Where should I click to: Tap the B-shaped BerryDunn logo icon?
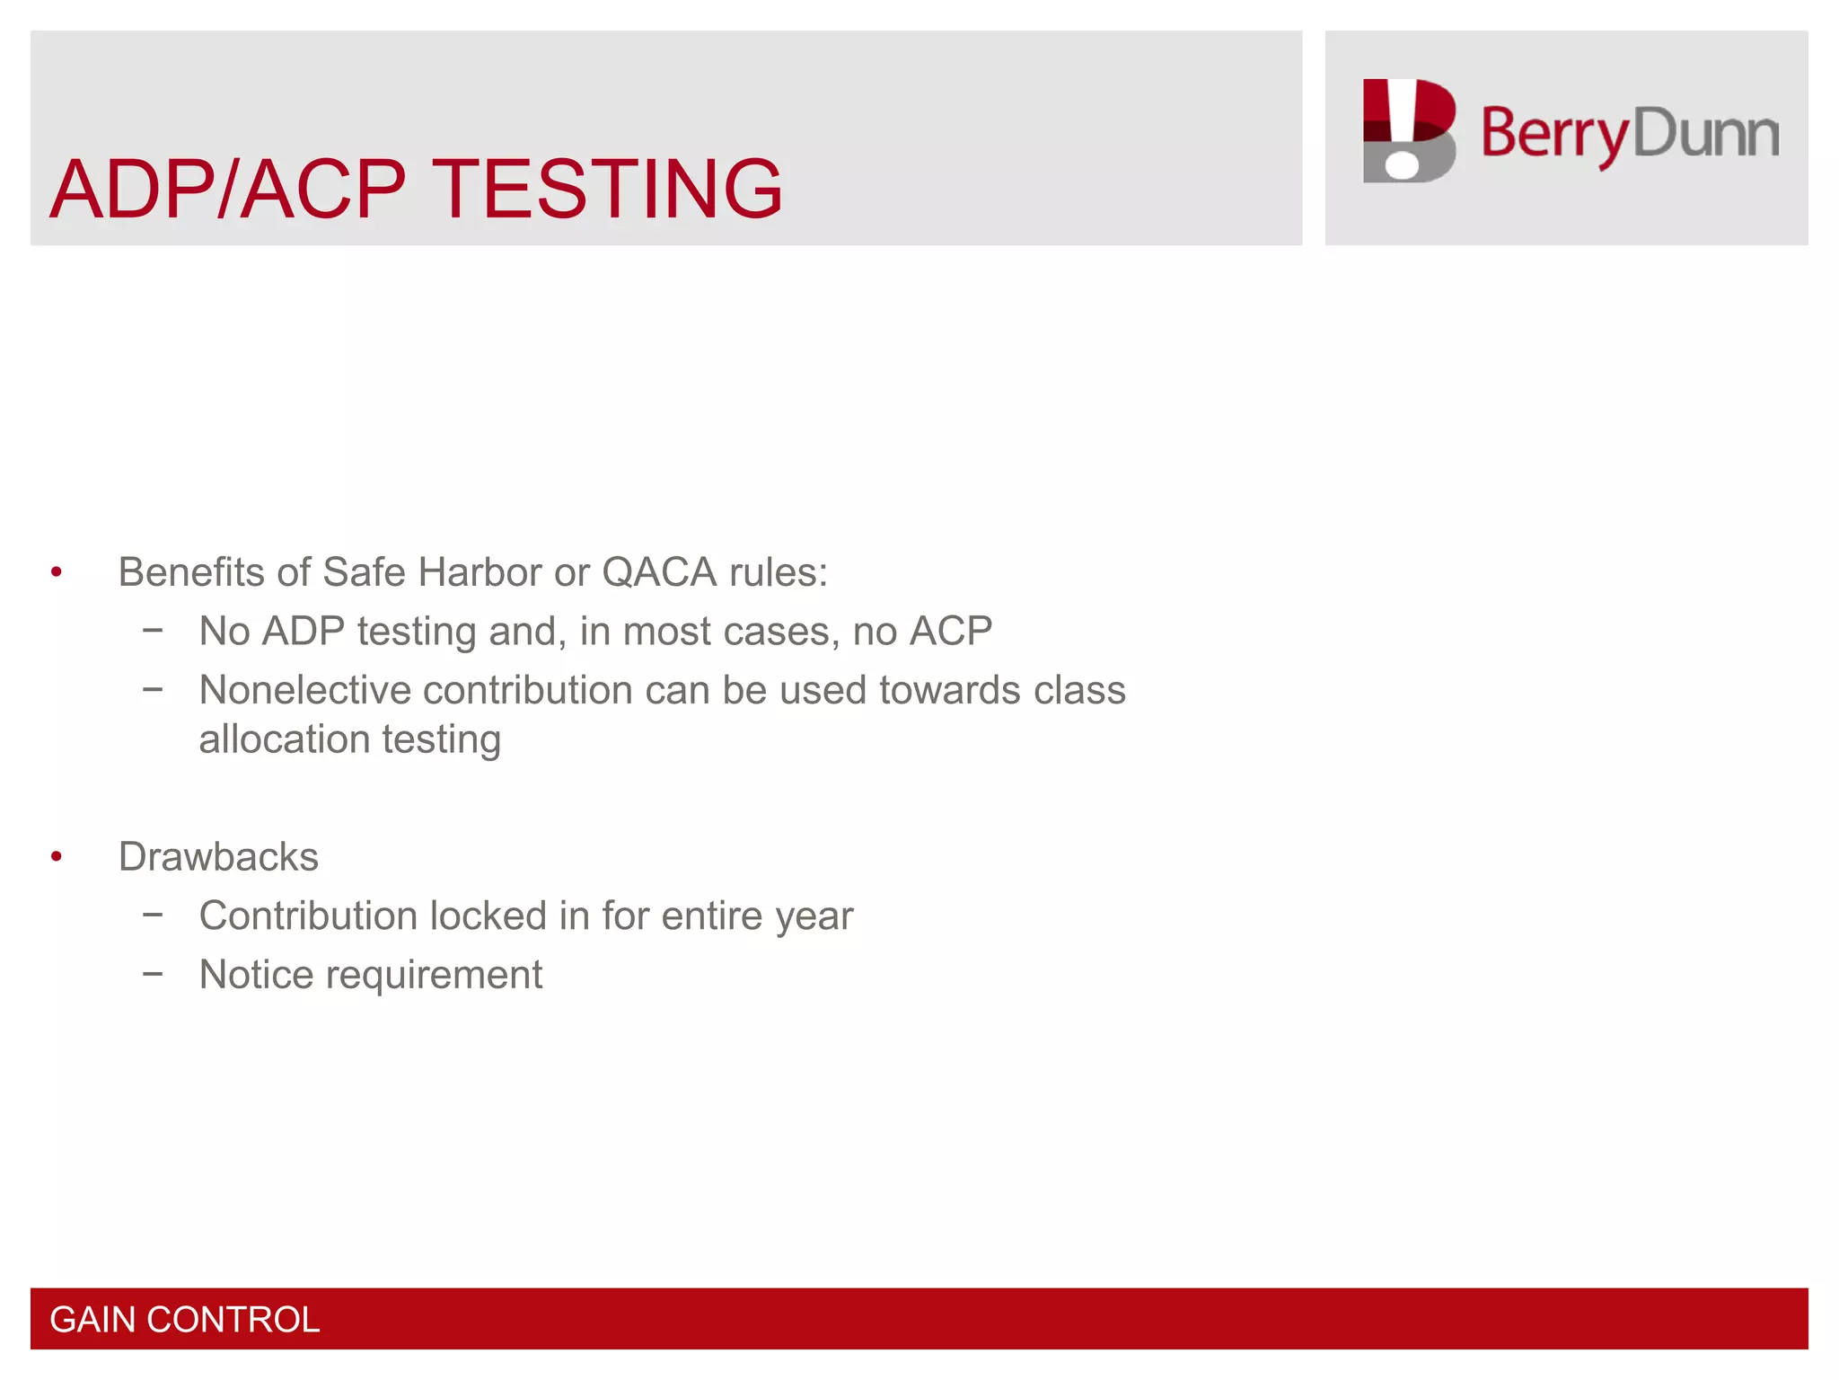(x=1408, y=131)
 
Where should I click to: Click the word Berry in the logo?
(x=1554, y=134)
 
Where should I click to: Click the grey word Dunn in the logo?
(x=1705, y=134)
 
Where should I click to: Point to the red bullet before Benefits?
(x=57, y=572)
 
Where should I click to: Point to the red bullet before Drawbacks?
(x=57, y=857)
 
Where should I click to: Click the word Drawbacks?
(x=218, y=857)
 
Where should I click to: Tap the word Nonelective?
(x=305, y=690)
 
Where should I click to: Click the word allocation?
(x=284, y=739)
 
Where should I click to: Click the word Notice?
(x=256, y=975)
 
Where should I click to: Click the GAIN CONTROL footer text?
(x=184, y=1320)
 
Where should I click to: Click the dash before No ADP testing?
(x=153, y=631)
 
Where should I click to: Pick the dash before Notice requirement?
(x=153, y=973)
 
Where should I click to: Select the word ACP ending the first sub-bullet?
(x=950, y=631)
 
